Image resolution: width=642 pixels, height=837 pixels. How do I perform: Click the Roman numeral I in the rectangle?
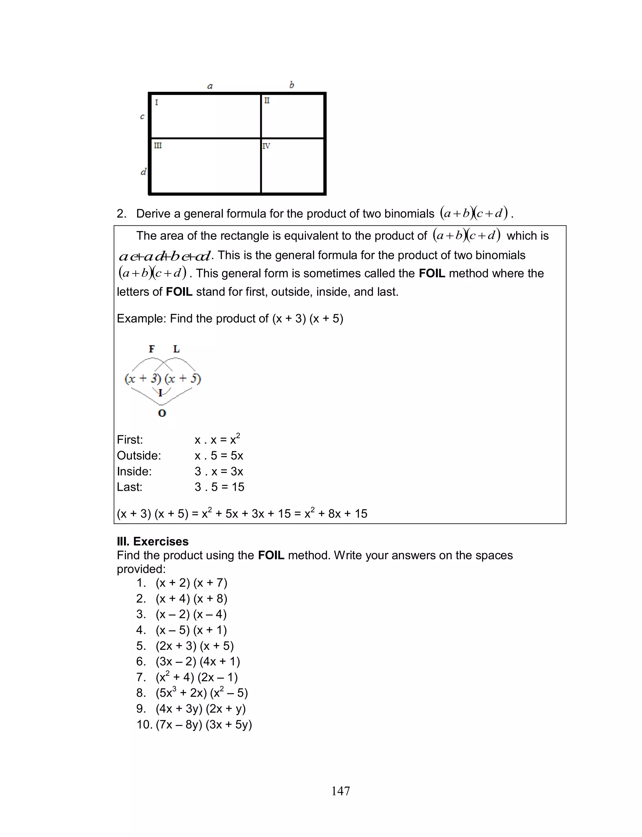156,103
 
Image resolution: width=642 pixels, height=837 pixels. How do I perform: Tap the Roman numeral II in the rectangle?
267,101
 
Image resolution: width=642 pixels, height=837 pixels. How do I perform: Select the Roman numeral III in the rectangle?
158,146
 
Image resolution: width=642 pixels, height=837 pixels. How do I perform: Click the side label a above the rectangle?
210,86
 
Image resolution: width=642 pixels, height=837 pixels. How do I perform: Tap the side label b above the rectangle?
292,85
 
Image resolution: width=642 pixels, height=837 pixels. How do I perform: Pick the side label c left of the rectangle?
142,117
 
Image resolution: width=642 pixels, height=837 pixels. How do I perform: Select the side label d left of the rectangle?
143,172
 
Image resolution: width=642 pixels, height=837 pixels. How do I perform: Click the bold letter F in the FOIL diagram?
152,349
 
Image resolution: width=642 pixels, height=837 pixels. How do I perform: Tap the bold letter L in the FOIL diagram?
176,349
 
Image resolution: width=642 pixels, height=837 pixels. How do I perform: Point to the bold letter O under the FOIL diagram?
162,413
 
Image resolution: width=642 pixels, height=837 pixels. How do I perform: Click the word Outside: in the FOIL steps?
139,456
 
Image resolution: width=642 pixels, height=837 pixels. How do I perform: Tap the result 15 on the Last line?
238,487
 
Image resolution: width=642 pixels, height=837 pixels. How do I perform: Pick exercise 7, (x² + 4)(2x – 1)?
197,677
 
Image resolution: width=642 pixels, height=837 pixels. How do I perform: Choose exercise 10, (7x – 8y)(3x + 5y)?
204,725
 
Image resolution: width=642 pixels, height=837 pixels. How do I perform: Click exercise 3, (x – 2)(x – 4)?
191,614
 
